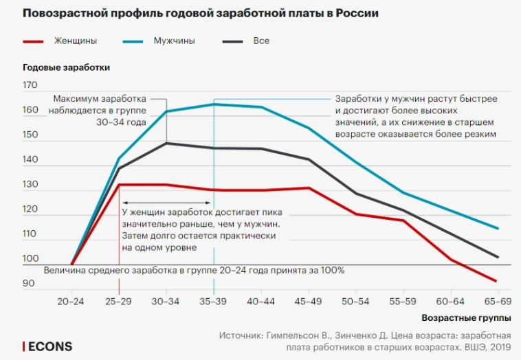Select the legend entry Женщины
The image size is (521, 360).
(75, 41)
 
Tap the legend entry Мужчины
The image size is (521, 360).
(175, 41)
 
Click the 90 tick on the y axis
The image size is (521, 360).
(30, 284)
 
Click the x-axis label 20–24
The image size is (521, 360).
(71, 302)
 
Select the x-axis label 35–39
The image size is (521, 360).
(214, 302)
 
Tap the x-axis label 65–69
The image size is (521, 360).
(497, 302)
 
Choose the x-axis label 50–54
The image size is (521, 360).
(355, 302)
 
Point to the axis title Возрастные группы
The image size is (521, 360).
(467, 319)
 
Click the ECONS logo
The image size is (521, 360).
(47, 346)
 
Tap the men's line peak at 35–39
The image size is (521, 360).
(214, 104)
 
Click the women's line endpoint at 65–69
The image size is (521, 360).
(496, 281)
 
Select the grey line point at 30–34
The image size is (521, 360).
(166, 143)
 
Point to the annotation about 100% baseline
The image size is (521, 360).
(194, 270)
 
